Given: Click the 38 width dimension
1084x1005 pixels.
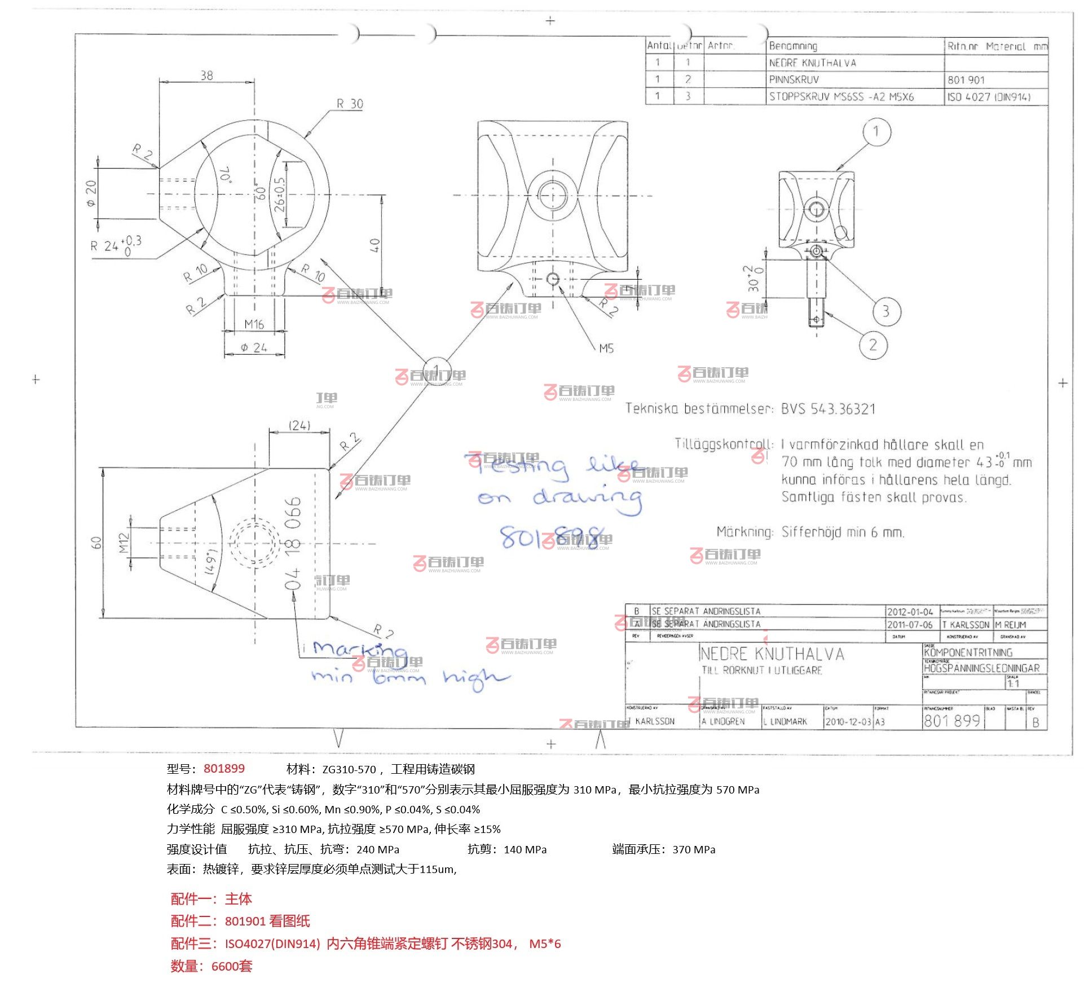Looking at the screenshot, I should (x=206, y=76).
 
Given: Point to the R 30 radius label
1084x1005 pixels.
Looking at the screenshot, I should (x=350, y=104).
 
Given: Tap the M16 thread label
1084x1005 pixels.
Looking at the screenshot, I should (x=254, y=324).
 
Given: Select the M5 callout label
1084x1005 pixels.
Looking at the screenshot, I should (x=606, y=349).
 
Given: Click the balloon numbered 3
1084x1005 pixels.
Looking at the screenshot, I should (x=886, y=311).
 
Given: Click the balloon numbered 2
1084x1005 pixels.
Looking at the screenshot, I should (x=873, y=345).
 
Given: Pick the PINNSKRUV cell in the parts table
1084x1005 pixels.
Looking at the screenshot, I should (x=794, y=80).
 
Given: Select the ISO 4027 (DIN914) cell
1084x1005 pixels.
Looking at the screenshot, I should (x=989, y=97).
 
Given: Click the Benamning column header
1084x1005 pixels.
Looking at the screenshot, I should (x=793, y=46).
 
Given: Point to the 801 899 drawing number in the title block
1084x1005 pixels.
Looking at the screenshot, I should (x=951, y=721).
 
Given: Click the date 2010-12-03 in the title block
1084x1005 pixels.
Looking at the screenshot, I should (x=848, y=722).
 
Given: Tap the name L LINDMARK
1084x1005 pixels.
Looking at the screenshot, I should (x=785, y=722).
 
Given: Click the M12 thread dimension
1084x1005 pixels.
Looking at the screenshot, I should (x=124, y=543).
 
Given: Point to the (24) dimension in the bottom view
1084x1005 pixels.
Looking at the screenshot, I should (x=299, y=425).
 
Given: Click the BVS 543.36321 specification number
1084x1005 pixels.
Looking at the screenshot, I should (x=828, y=409).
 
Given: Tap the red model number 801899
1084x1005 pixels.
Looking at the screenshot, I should (x=224, y=769).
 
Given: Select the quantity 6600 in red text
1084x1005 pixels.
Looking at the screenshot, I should (x=225, y=966).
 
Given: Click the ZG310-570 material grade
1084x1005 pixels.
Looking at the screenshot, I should (x=349, y=769).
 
